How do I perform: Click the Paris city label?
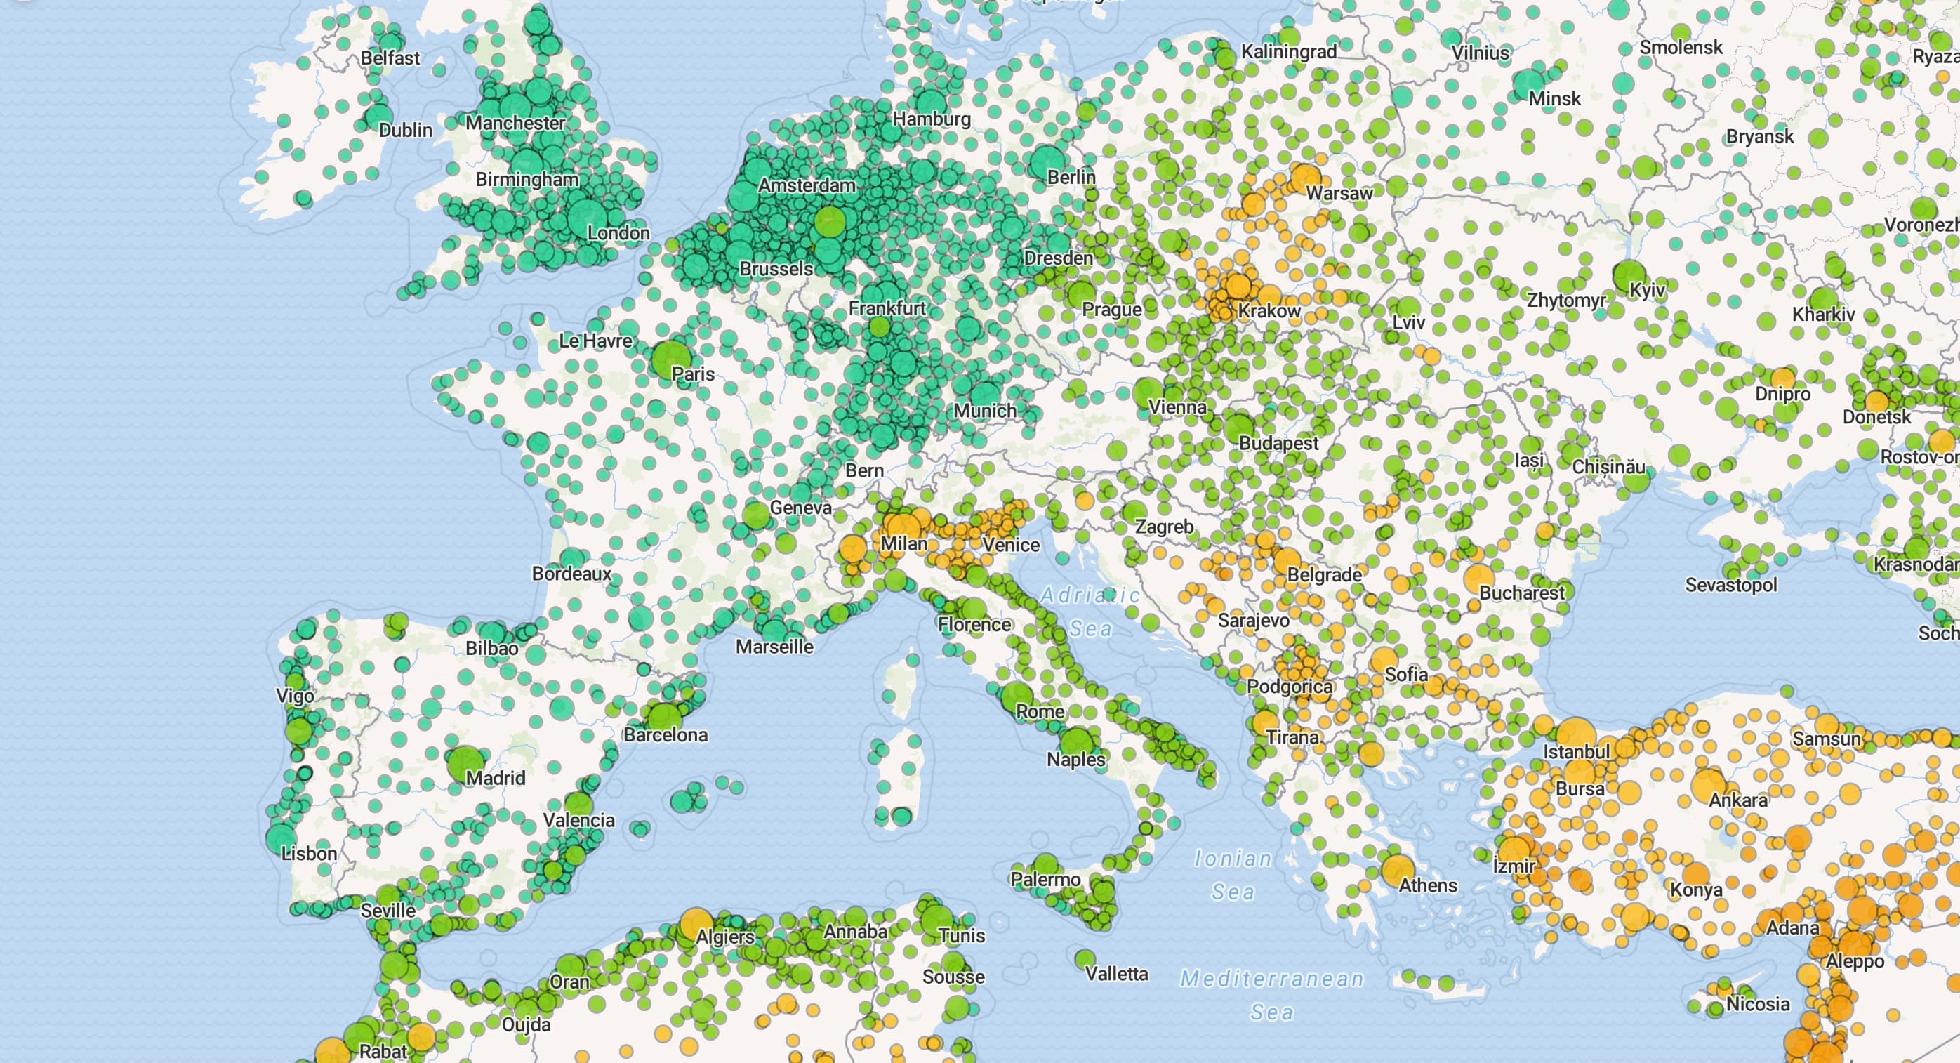[693, 374]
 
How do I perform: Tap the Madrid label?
[496, 778]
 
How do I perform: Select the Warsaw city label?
[1339, 193]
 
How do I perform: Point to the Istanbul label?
[1577, 752]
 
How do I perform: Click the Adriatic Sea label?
[1090, 612]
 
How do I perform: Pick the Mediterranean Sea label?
[1272, 994]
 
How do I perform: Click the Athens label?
[1428, 885]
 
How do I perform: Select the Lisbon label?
[309, 853]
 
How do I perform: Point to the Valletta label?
[1116, 973]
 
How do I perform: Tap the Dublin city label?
[406, 130]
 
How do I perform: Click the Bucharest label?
[1522, 592]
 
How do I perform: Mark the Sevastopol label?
[1731, 584]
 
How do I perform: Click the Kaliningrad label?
[1289, 52]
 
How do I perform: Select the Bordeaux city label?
[571, 573]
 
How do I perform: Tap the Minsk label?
[1554, 98]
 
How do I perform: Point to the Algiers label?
[725, 937]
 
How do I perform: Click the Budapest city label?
[1278, 443]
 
